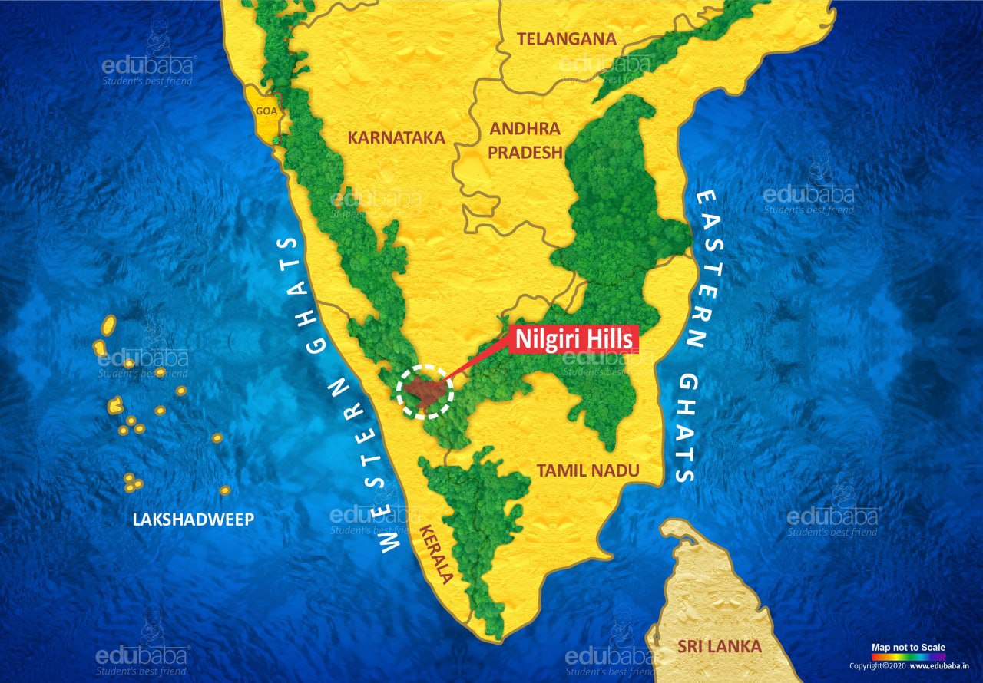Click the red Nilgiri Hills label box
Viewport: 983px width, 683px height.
point(574,338)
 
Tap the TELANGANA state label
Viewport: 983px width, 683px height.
point(566,38)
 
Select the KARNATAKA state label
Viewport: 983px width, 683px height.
point(396,137)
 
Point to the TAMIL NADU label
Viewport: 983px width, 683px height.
point(588,470)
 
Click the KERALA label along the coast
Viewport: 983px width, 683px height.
point(435,553)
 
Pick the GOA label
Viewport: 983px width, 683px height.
point(266,111)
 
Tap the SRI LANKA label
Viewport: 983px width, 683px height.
point(720,646)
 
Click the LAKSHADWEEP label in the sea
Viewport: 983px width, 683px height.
point(194,520)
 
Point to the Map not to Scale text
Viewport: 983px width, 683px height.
point(909,648)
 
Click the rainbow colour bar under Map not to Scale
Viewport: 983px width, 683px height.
point(909,657)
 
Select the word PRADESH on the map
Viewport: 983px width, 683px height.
point(525,152)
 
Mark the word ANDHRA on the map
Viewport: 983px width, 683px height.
point(525,128)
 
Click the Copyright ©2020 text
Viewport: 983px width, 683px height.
point(877,665)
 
